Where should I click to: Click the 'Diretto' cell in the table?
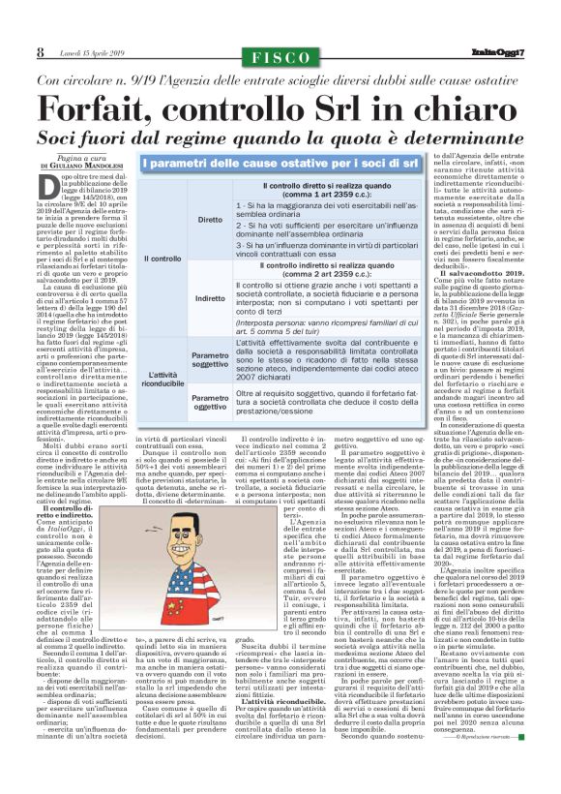tap(209, 220)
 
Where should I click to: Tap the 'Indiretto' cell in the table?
tap(209, 299)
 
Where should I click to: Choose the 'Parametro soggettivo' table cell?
tap(209, 359)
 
